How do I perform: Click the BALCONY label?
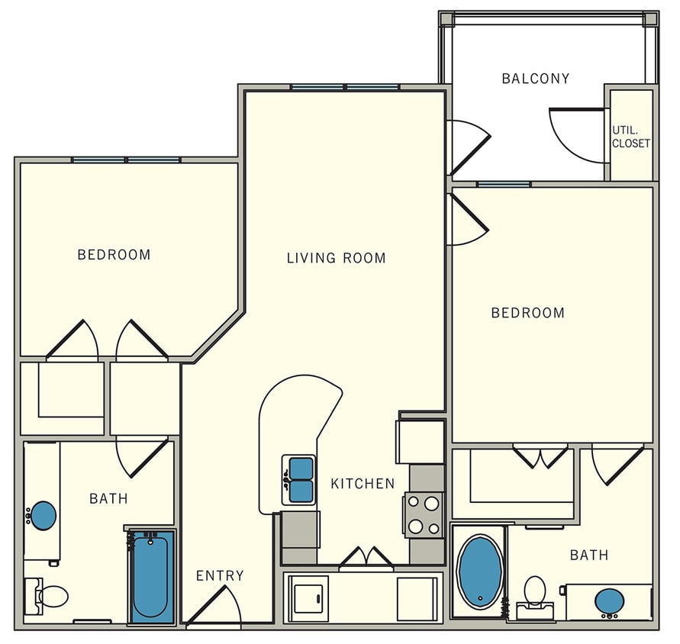click(535, 79)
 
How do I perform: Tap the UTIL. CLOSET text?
click(630, 137)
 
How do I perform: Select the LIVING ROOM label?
click(336, 258)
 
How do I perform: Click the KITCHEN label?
click(363, 484)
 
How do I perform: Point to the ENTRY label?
click(220, 575)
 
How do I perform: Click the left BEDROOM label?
click(114, 255)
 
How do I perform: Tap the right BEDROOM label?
click(527, 313)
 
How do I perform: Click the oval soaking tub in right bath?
click(479, 572)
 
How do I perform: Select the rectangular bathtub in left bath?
click(150, 577)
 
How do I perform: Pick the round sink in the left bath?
click(43, 516)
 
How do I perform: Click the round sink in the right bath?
click(609, 601)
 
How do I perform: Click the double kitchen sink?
click(300, 480)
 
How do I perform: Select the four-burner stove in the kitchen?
click(424, 515)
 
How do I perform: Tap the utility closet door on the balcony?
click(576, 134)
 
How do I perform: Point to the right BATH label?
click(589, 555)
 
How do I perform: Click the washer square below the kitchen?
click(310, 594)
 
